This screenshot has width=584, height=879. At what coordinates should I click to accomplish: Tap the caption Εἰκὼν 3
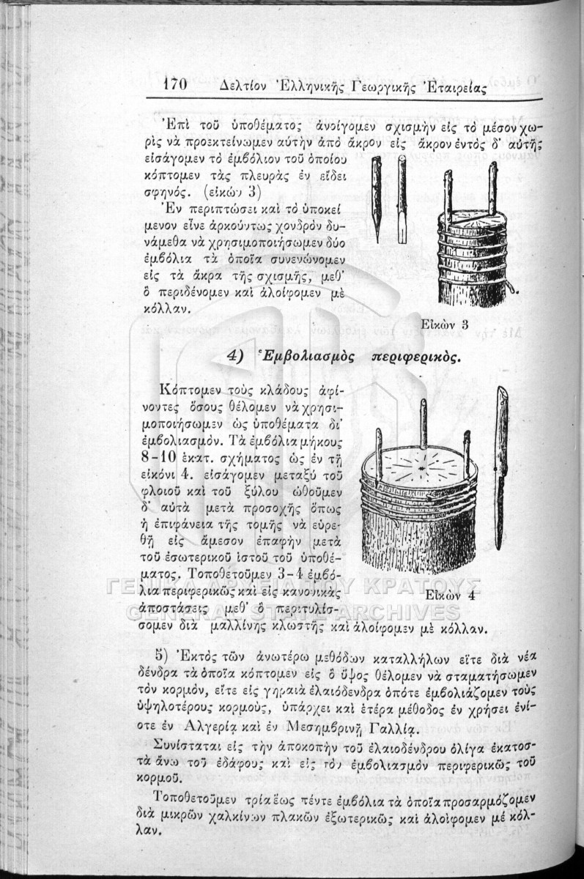pos(446,324)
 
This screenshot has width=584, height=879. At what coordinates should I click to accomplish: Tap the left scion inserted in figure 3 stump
pos(448,194)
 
